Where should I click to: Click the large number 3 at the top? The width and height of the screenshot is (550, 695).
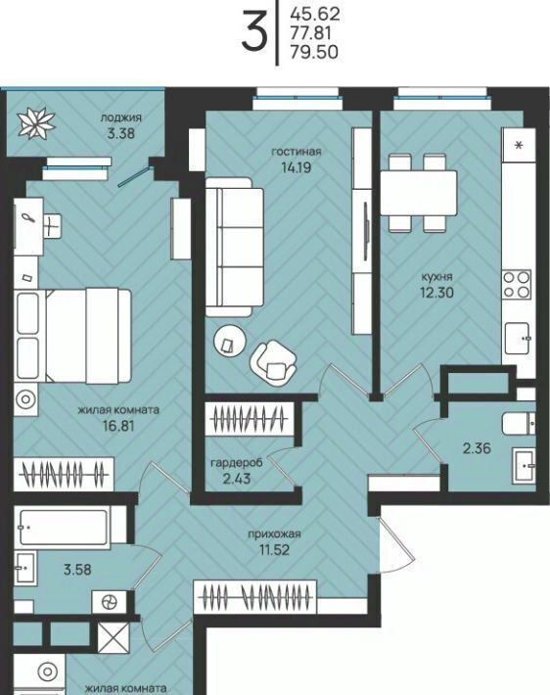point(254,30)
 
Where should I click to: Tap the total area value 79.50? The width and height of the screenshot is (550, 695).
point(314,52)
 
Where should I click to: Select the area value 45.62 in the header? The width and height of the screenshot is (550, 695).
point(315,14)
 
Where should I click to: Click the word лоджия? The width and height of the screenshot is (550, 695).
point(121,117)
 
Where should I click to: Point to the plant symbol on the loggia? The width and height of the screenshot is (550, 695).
point(36,122)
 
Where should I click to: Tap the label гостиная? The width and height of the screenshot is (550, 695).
point(297,152)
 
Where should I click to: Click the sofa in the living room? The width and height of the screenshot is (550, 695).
point(235,247)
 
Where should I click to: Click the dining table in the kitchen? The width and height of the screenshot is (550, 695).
point(419,193)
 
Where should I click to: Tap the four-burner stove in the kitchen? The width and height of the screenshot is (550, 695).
point(517,285)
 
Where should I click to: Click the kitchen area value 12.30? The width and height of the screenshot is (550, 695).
point(437,293)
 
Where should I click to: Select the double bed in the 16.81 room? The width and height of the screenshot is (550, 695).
point(73,336)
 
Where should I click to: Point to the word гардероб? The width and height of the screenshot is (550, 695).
point(237,463)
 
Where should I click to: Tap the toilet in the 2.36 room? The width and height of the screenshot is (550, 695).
point(519,424)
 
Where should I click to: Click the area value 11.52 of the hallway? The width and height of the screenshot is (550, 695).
point(274,550)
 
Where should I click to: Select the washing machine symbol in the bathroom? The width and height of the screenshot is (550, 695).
point(108,602)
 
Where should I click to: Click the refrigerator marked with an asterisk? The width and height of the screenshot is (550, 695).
point(519,145)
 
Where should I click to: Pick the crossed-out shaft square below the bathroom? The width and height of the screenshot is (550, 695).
point(114,638)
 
